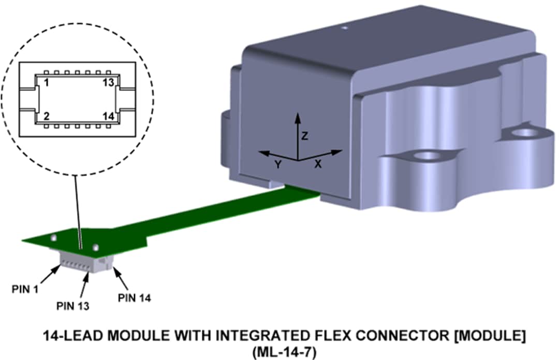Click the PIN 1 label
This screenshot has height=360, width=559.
click(x=25, y=289)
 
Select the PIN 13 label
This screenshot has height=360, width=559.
click(x=72, y=306)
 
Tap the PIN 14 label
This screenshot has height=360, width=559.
click(x=134, y=298)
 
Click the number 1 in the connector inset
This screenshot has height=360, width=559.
click(x=46, y=83)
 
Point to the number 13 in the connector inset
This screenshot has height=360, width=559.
click(x=108, y=83)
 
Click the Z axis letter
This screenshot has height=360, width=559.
click(x=305, y=136)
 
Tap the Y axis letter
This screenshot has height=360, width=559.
click(x=278, y=164)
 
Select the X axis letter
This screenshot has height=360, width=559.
click(x=318, y=164)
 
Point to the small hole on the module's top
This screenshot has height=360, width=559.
click(x=342, y=28)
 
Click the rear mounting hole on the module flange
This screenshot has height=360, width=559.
click(x=526, y=133)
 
